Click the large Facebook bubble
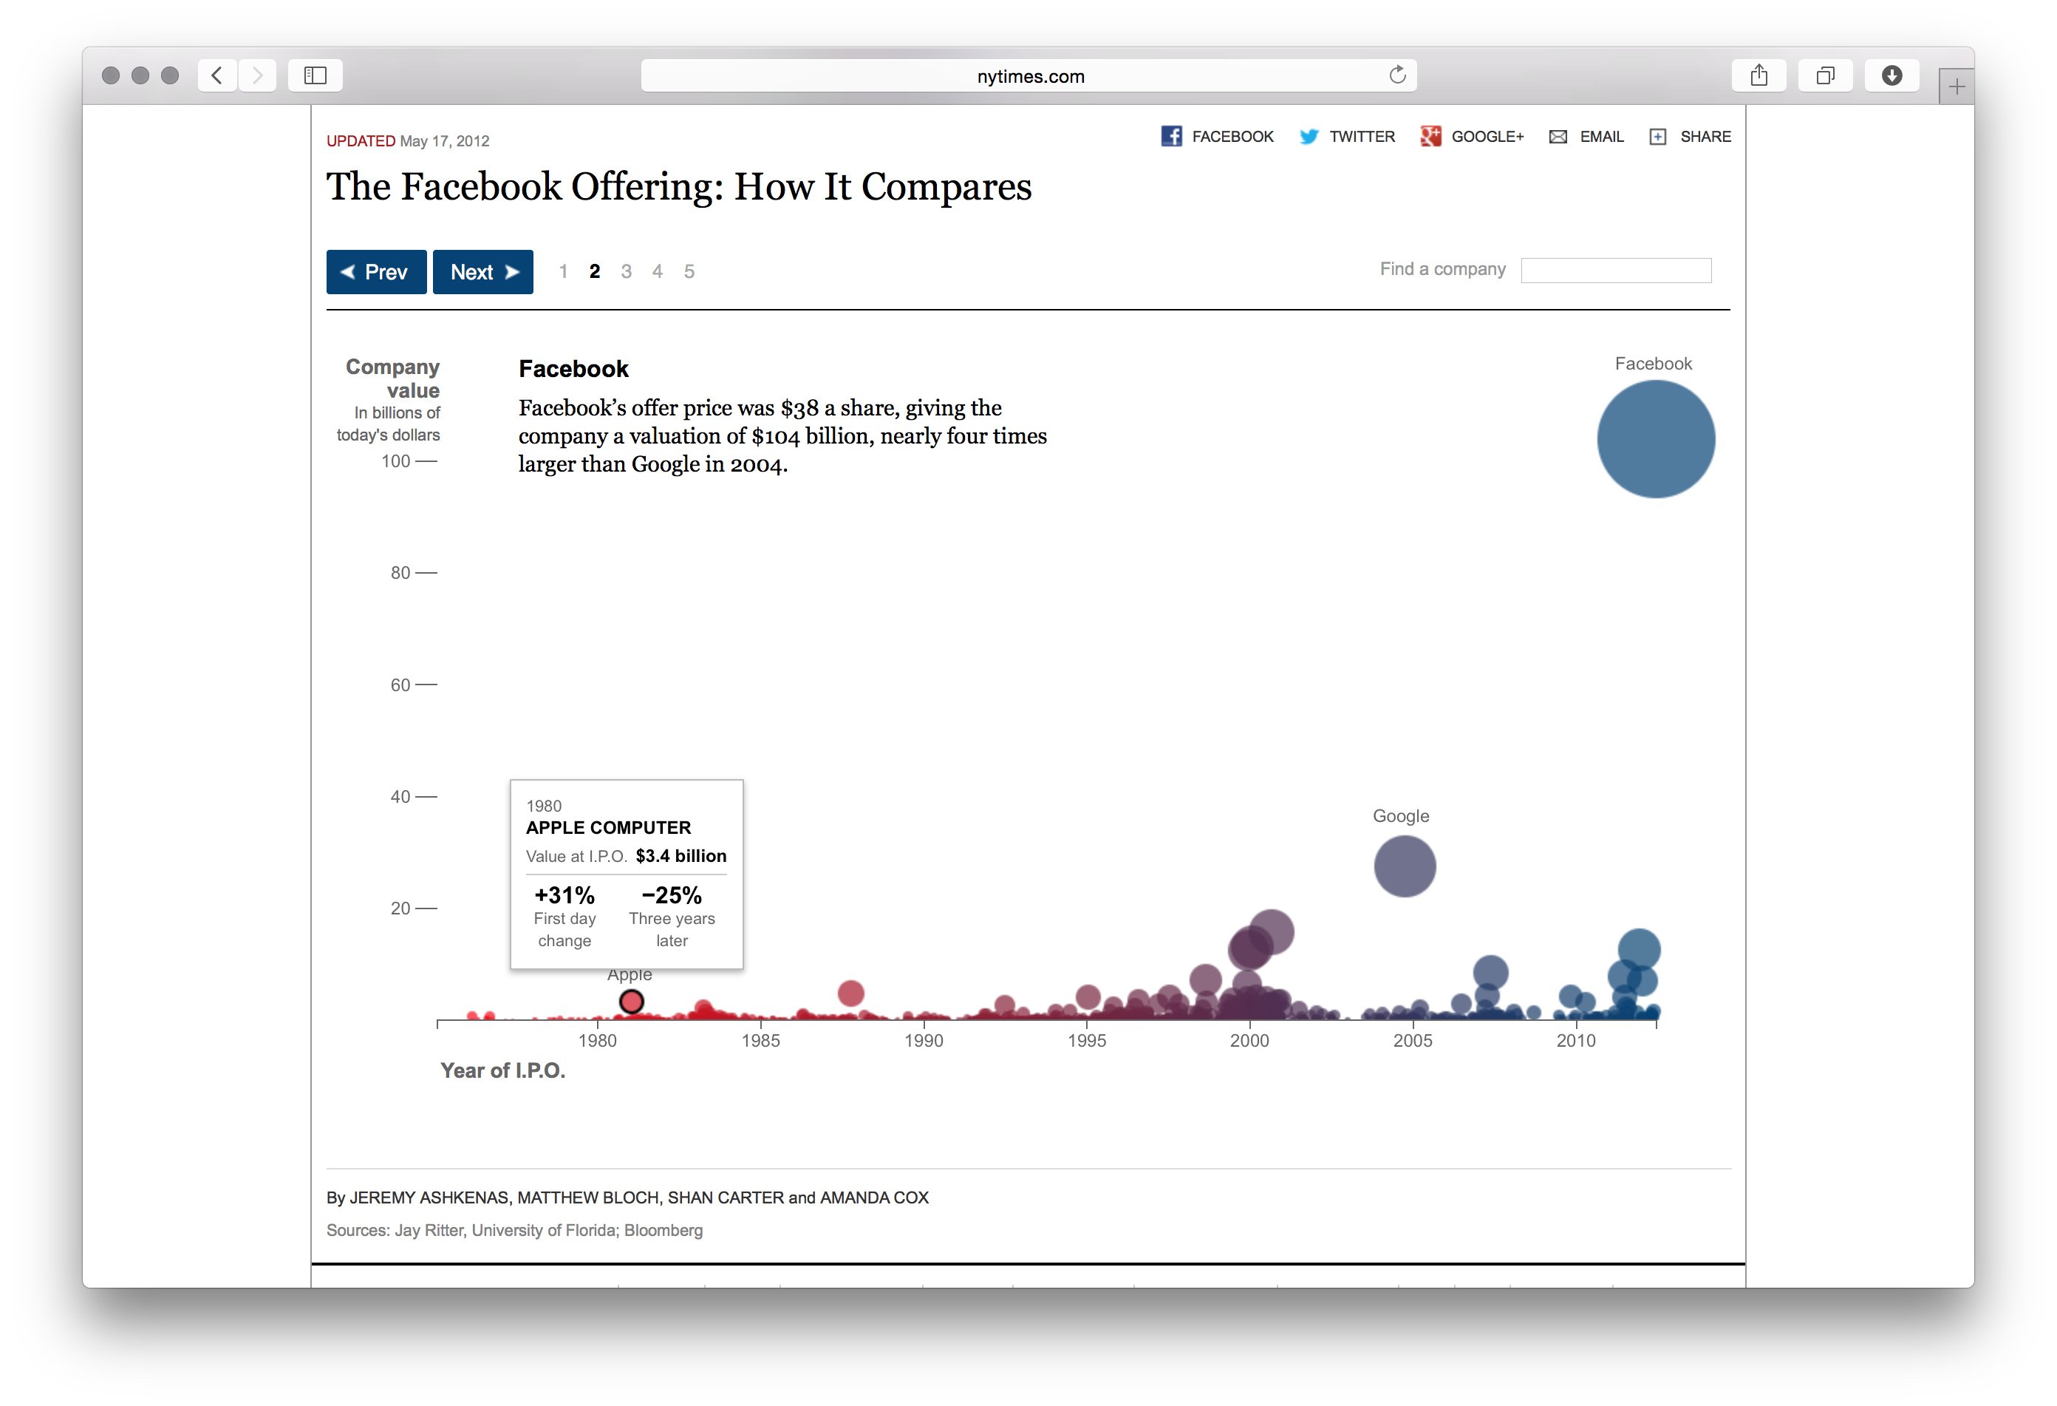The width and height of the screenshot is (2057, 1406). [1655, 439]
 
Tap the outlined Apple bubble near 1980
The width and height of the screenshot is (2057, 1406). [631, 1002]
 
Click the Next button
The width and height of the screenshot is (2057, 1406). [482, 272]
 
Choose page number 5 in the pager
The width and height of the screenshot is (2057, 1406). [689, 272]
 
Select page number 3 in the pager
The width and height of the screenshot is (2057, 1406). [626, 272]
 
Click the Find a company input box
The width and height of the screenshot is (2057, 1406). [1615, 270]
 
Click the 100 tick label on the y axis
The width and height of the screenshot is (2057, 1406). [395, 461]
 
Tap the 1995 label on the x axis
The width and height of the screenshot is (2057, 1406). [1086, 1040]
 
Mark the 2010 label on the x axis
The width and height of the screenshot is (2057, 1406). [1575, 1040]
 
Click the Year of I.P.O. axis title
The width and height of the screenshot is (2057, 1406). [502, 1070]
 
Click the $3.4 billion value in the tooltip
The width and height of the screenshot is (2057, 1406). [680, 856]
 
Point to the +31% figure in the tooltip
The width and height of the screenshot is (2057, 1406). [564, 895]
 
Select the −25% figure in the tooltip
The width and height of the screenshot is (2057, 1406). [672, 895]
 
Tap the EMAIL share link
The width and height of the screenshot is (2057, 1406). [1600, 136]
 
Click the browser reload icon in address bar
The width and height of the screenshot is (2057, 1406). [1396, 75]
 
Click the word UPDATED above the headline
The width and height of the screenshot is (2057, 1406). [361, 140]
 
